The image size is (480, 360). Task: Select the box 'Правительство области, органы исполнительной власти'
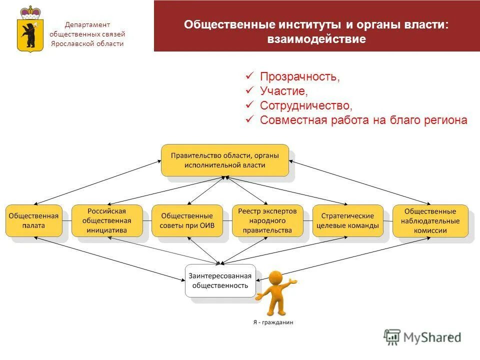(225, 160)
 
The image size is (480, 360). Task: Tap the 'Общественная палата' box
(33, 220)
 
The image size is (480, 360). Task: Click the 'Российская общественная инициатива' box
(106, 220)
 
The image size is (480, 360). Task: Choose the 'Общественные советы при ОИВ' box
(186, 220)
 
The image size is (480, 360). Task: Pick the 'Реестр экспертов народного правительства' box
(267, 220)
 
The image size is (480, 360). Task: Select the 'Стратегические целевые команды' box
(347, 220)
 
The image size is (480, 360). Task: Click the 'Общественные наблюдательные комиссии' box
(430, 220)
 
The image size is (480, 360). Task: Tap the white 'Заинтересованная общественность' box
(220, 280)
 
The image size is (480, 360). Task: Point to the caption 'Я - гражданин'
(273, 322)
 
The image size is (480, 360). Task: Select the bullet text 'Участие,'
(283, 91)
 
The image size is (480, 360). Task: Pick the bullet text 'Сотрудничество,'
(306, 105)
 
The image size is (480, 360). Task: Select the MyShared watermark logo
(422, 337)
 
